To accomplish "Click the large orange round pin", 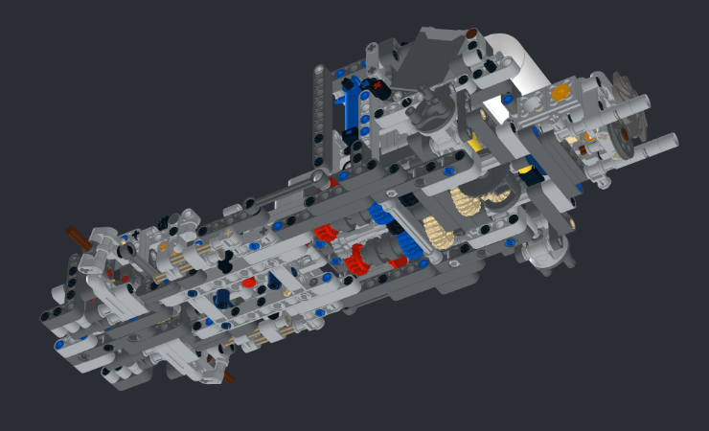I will coord(560,92).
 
